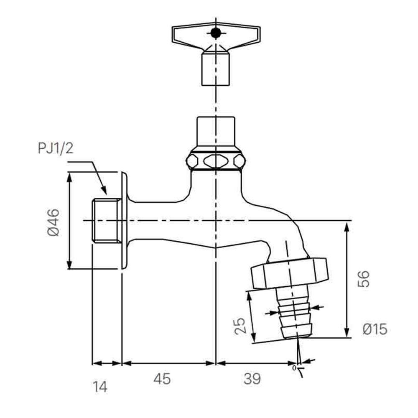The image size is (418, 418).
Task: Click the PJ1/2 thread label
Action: (56, 148)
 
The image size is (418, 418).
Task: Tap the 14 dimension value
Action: (100, 386)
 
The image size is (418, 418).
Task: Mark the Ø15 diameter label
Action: (375, 329)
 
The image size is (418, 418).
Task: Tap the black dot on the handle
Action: (216, 32)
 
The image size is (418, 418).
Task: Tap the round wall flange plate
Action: (124, 221)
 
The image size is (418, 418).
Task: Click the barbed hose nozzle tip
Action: (297, 330)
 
